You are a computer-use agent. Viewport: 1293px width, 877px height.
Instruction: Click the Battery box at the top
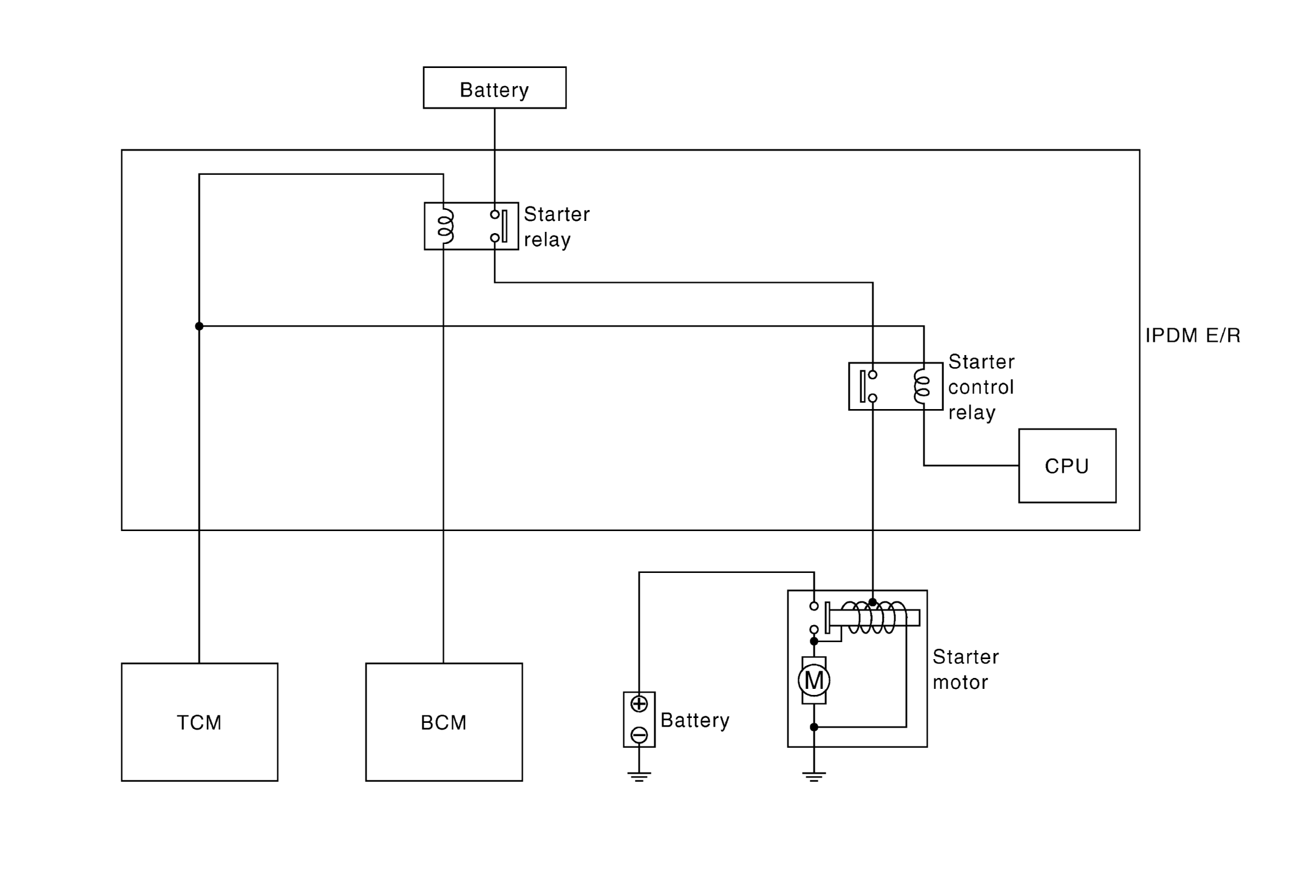point(494,88)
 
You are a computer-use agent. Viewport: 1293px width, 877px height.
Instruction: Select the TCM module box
point(199,722)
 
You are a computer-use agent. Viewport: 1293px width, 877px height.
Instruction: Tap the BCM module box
point(444,722)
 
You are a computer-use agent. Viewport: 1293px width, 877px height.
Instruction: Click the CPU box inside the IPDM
point(1067,466)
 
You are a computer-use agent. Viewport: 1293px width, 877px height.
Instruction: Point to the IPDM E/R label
point(1192,336)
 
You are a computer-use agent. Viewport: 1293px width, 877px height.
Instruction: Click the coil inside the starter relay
point(446,226)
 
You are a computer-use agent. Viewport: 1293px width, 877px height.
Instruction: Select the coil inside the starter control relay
point(921,387)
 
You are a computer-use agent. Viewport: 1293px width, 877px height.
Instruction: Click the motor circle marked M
point(813,680)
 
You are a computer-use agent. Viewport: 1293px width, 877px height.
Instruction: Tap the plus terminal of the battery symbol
point(639,704)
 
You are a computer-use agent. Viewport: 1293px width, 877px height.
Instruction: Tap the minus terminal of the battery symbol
point(639,735)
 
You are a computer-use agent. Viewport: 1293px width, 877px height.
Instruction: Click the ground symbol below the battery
point(639,776)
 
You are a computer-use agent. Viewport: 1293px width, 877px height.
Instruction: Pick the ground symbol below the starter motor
point(813,776)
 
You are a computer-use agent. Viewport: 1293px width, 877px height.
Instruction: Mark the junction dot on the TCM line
point(199,327)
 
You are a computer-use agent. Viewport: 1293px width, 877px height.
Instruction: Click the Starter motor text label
point(965,669)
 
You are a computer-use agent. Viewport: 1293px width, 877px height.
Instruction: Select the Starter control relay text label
point(981,387)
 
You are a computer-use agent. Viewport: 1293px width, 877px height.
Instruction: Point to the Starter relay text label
point(556,227)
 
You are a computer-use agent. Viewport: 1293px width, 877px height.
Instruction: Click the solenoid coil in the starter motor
point(873,618)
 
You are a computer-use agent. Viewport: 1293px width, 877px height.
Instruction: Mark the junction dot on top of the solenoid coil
point(872,602)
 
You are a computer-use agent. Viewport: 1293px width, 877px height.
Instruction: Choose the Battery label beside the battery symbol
point(694,720)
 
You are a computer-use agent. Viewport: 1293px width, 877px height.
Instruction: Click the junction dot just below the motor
point(813,726)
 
